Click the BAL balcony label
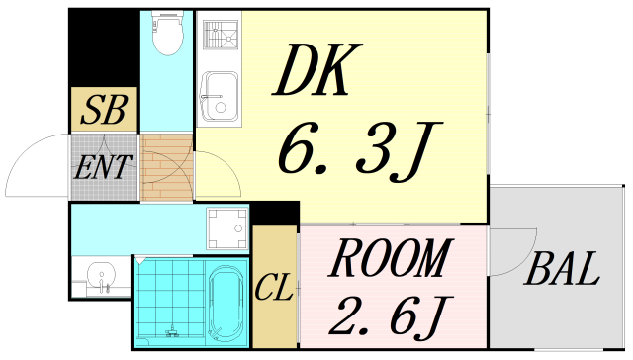[x=563, y=269]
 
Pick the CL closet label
[x=273, y=289]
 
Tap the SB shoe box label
[x=103, y=111]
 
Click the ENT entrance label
[x=102, y=165]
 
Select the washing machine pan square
[x=226, y=228]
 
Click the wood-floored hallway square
[x=167, y=168]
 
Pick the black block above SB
[x=103, y=49]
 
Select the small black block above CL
[x=276, y=214]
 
